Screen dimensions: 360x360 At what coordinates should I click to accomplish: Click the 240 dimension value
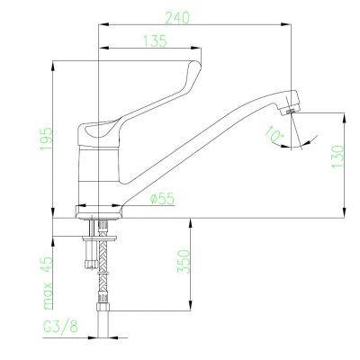177,18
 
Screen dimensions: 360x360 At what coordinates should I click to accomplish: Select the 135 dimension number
155,41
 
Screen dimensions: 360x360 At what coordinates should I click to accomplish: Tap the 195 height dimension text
47,139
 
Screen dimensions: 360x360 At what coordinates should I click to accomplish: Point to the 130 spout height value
337,157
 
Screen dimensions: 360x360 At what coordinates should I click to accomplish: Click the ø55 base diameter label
162,198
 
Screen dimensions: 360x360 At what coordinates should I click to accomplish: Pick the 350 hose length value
184,261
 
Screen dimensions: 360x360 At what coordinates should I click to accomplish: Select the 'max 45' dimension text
48,283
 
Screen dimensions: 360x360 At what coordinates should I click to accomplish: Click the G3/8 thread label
60,327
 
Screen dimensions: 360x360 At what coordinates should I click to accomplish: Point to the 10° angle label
274,134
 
